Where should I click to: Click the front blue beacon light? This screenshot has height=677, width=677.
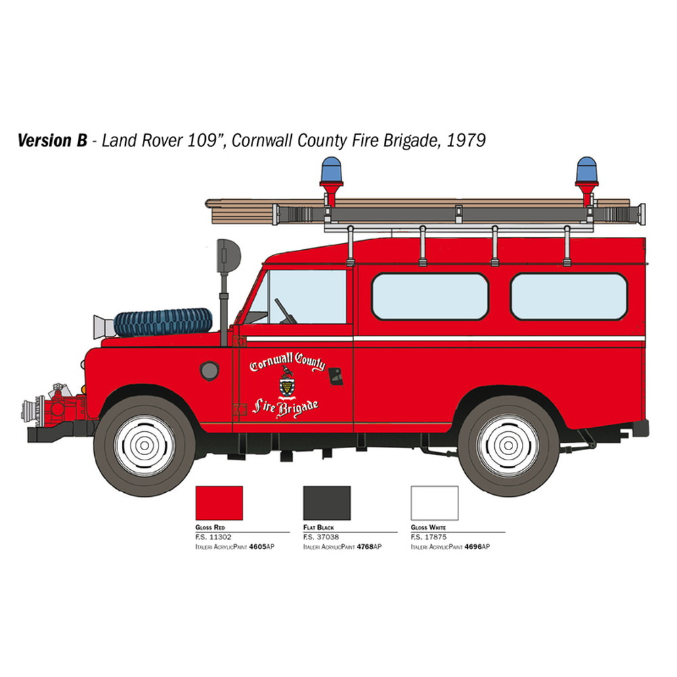coord(331,169)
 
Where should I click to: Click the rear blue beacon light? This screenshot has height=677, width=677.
coord(587,169)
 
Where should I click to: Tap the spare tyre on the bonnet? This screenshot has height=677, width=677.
coord(163,322)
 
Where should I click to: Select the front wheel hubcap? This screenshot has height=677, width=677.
coord(145,445)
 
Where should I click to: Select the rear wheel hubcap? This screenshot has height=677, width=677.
coord(508,445)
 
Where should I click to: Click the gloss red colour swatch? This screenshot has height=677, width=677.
coord(219,503)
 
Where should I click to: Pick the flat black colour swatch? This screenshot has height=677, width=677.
coord(327,503)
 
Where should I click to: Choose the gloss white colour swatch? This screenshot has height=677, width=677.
coord(435,503)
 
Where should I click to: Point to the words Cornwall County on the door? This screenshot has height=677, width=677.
coord(287,362)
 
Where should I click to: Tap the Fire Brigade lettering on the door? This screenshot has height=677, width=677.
coord(286,408)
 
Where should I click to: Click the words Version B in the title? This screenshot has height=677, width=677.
coord(52,141)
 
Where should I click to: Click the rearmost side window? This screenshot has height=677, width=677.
coord(569,297)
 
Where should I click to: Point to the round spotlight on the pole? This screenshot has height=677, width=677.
coord(228,256)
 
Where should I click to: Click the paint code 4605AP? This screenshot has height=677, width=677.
coord(261,546)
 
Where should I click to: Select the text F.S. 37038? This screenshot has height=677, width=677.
coord(321,537)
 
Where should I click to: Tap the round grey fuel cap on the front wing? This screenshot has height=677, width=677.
coord(209,371)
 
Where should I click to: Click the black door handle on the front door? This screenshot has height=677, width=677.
coord(336,376)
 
